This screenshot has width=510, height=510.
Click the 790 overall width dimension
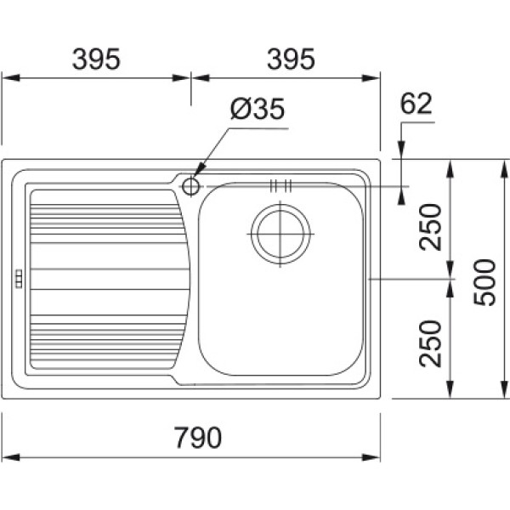click(198, 438)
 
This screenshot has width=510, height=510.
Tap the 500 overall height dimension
click(484, 282)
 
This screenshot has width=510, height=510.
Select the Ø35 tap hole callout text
click(257, 109)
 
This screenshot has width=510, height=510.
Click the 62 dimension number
click(416, 104)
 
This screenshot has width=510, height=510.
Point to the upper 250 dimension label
click(431, 227)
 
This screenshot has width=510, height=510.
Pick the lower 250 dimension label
click(431, 343)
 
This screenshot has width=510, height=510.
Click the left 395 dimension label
click(96, 59)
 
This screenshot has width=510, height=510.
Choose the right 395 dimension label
click(291, 59)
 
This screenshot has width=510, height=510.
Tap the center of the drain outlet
click(280, 235)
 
